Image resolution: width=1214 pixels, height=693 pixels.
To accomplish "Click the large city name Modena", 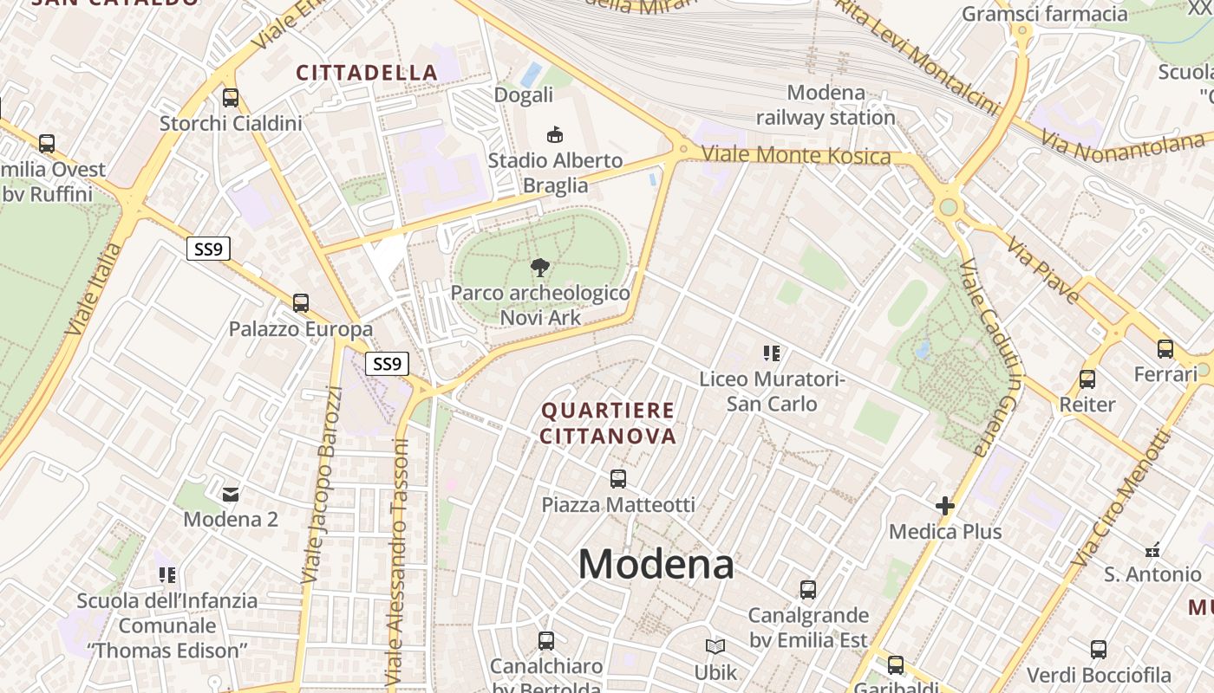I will [656, 564].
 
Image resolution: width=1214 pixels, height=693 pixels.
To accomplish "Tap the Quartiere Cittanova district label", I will [608, 423].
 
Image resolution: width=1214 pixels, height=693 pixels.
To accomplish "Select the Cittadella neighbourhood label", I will [367, 73].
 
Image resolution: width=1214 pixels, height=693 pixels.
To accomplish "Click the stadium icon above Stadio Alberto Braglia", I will [554, 134].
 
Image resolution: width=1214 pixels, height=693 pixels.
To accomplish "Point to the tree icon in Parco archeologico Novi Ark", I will [539, 267].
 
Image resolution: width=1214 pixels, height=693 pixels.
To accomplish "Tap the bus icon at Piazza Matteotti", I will [618, 478].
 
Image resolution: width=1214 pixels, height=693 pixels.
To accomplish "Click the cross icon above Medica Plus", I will [945, 506].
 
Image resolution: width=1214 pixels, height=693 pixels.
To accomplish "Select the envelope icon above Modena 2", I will [231, 494].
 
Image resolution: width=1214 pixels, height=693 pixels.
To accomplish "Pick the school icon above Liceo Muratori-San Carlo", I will [772, 353].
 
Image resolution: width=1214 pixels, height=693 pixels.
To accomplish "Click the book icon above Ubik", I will [715, 646].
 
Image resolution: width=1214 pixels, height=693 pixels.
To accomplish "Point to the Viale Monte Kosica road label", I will [795, 156].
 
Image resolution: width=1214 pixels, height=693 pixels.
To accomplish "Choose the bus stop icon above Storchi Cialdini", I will [231, 98].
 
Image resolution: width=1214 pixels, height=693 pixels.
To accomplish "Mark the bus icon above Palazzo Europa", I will [301, 303].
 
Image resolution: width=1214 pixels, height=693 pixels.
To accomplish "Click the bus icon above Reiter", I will [1087, 379].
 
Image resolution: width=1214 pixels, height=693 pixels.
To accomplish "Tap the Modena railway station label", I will [826, 105].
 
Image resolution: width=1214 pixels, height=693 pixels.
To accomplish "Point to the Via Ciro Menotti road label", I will [1120, 500].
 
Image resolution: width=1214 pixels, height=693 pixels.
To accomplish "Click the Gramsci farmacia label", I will [1044, 14].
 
